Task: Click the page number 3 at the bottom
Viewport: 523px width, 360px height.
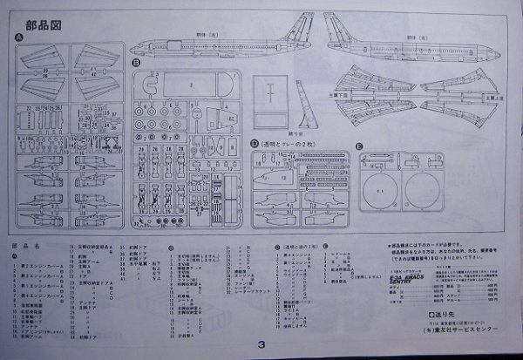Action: (261, 343)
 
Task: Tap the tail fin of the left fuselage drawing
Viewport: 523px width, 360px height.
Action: (307, 24)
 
